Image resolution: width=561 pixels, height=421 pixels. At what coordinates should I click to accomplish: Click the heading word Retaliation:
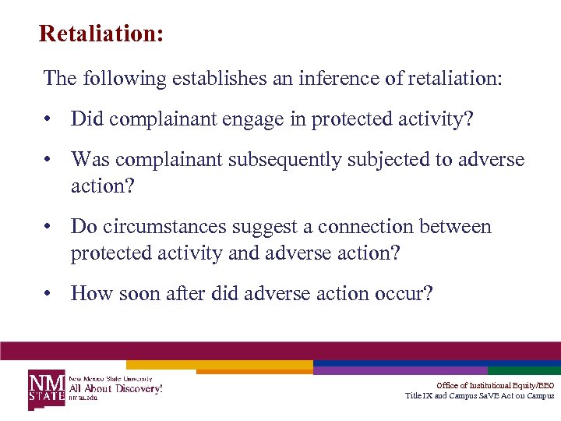pos(101,34)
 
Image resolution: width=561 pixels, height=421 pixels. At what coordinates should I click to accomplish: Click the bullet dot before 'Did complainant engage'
pos(48,119)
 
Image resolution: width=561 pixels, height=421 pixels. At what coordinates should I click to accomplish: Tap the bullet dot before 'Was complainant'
pos(48,160)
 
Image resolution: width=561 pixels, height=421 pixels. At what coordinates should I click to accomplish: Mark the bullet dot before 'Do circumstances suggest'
pos(48,227)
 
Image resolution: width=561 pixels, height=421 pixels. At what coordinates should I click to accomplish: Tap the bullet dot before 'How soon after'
pos(48,293)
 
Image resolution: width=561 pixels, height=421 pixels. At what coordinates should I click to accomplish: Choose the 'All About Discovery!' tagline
pos(116,387)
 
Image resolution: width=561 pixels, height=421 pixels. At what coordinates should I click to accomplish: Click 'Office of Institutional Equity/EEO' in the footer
pos(495,385)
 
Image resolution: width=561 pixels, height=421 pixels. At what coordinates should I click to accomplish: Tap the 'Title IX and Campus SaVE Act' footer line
pos(479,395)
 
